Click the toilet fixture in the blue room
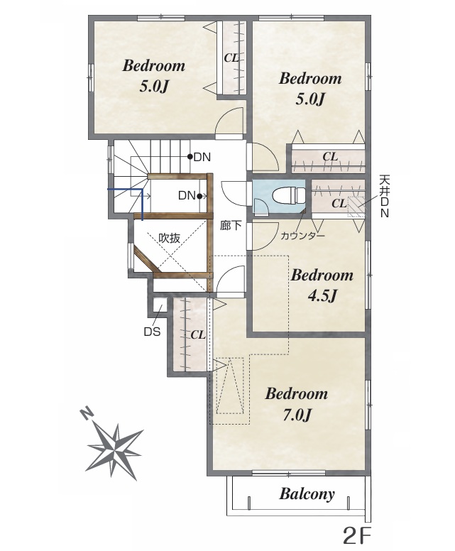pos(288,195)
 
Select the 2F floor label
pos(356,536)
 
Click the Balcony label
pos(307,494)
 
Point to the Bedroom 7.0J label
pos(297,404)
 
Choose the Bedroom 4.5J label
pos(322,285)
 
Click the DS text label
pos(152,332)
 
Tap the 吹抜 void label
pos(170,238)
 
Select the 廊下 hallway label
pos(231,225)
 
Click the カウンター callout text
pos(302,236)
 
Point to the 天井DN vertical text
pos(385,196)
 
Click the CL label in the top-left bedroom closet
pos(231,58)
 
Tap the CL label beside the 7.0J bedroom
pos(198,335)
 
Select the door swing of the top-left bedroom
pos(229,121)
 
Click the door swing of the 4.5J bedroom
pos(262,236)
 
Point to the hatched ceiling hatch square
pos(356,207)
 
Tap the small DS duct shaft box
pos(159,305)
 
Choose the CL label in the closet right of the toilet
pos(339,203)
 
